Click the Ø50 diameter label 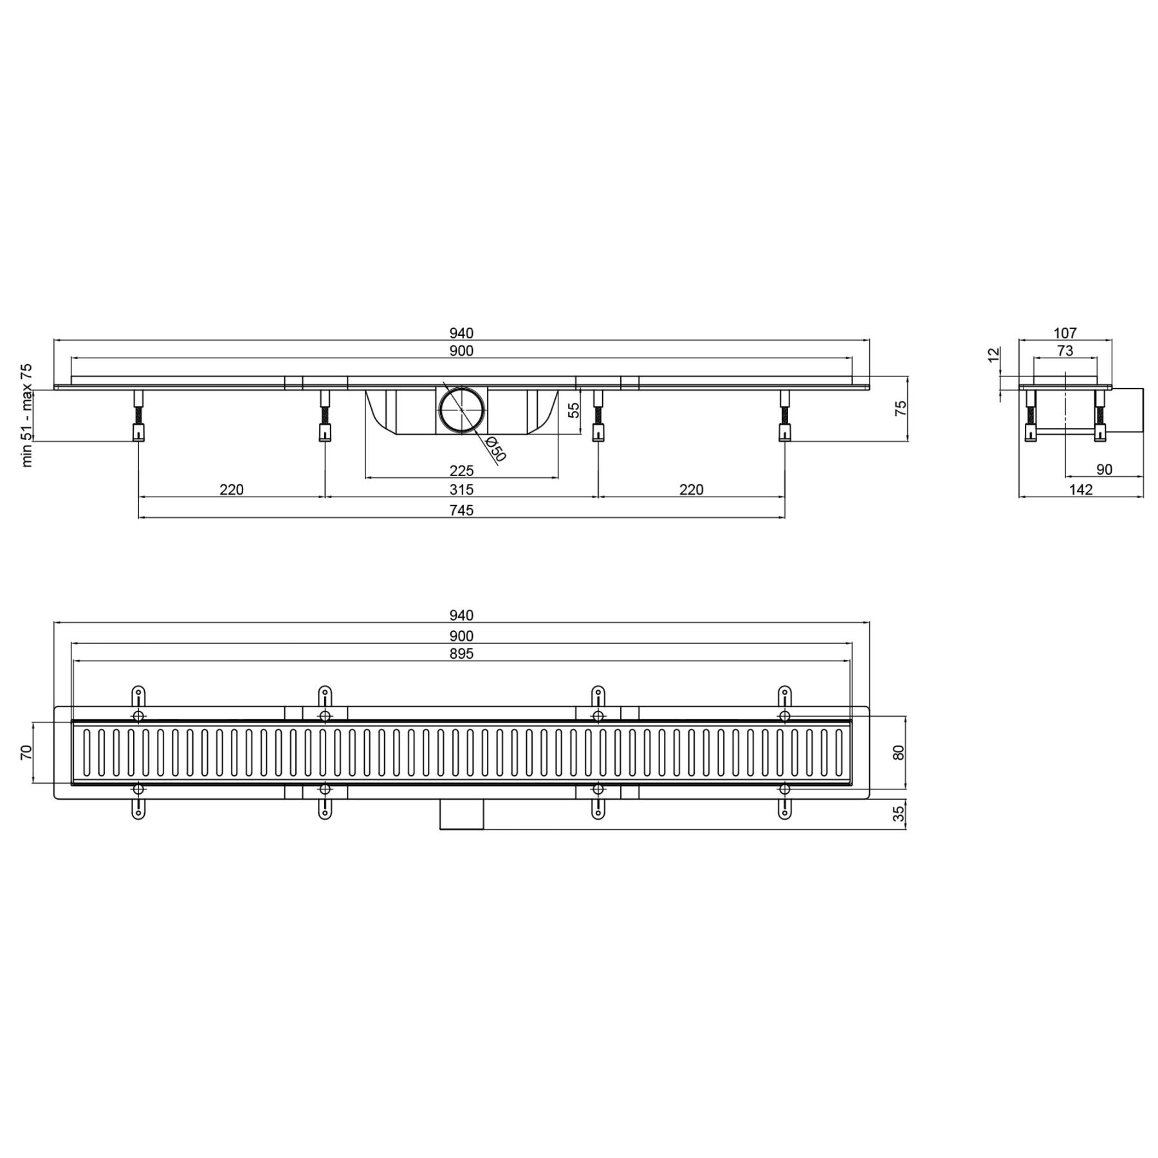(x=496, y=449)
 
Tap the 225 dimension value (x=461, y=470)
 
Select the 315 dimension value (x=461, y=490)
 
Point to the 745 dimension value (x=461, y=510)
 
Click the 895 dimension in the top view (x=461, y=654)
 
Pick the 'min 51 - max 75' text (x=26, y=415)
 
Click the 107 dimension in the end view (x=1065, y=333)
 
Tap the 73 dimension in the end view (x=1065, y=351)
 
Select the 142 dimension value (x=1081, y=490)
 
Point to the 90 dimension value (x=1104, y=470)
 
